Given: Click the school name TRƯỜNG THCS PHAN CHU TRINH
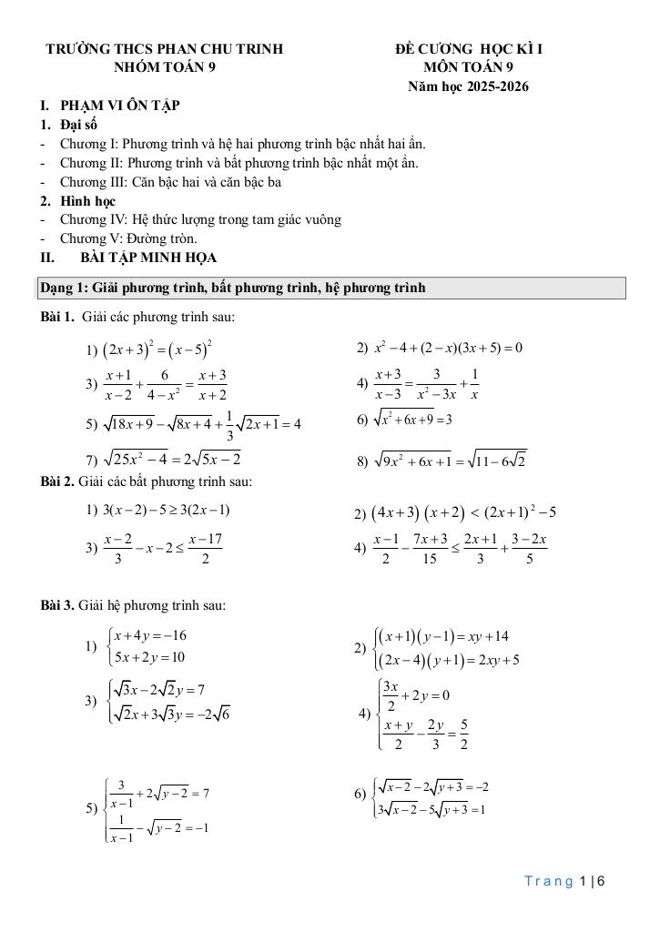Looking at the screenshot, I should click(x=164, y=49).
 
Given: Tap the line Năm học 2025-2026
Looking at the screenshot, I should click(x=469, y=86).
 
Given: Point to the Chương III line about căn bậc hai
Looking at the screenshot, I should click(x=170, y=181).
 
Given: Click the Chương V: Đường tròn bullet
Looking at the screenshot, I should click(x=128, y=238).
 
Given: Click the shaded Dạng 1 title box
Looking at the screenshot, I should click(x=331, y=289).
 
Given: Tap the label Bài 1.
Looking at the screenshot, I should click(x=56, y=318).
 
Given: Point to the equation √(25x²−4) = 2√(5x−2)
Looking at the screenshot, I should click(x=172, y=458).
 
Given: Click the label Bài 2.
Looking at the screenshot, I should click(x=56, y=481).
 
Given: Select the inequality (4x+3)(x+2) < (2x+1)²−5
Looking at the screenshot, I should click(x=463, y=512).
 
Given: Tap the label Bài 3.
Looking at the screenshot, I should click(x=56, y=605).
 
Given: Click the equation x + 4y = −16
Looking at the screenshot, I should click(x=151, y=635).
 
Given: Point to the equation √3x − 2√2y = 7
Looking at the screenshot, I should click(x=162, y=689).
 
